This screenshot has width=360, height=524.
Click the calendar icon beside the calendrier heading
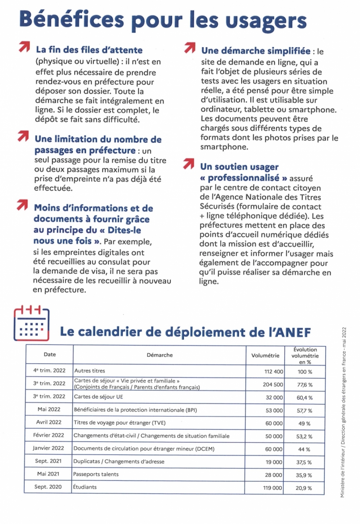click(x=31, y=323)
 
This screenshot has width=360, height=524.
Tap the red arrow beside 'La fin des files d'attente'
click(x=24, y=47)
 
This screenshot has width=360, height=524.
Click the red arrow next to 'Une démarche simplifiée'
click(x=189, y=47)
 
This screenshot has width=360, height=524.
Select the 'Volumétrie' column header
click(x=265, y=355)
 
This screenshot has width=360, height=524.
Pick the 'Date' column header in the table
click(x=50, y=354)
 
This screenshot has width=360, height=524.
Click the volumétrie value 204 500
click(x=273, y=385)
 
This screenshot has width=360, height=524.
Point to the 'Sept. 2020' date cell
click(x=48, y=487)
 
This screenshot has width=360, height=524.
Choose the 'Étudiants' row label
click(x=85, y=487)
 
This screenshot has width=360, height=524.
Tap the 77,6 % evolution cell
click(x=305, y=385)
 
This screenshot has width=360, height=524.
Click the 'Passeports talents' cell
click(x=96, y=474)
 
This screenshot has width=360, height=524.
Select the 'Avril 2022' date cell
click(x=49, y=422)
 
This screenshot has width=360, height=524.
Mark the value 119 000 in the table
click(x=272, y=488)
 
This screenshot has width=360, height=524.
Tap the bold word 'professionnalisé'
click(x=243, y=178)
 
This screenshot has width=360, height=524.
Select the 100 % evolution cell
click(x=305, y=372)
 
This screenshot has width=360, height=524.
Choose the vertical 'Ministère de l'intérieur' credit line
click(x=343, y=412)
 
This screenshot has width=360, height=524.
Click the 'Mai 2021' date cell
click(x=48, y=474)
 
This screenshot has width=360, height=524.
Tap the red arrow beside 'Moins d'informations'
click(x=22, y=205)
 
